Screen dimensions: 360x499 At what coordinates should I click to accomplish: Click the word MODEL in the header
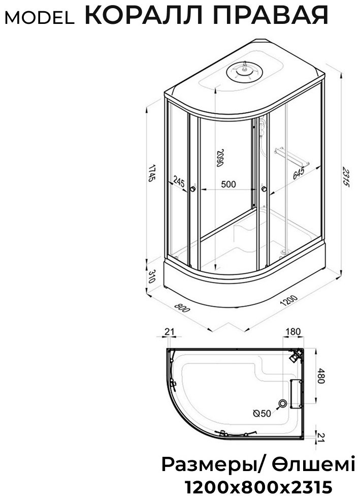[x=40, y=18]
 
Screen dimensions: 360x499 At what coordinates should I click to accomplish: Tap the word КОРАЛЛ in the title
[x=143, y=14]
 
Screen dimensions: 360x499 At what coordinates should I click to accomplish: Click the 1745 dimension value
[x=152, y=173]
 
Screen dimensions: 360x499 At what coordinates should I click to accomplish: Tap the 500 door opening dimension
[x=228, y=184]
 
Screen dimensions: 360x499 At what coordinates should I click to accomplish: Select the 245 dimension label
[x=179, y=182]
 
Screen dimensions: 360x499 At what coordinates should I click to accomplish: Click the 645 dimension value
[x=299, y=173]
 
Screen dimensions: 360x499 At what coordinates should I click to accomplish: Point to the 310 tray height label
[x=152, y=276]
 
